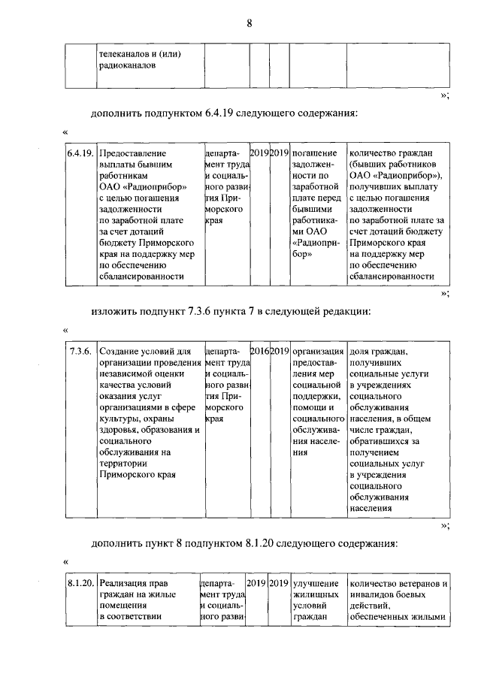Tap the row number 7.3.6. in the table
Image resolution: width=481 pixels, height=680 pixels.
pos(80,352)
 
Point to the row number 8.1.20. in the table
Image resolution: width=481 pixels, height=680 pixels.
pos(80,584)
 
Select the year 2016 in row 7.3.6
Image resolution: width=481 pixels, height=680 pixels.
pos(259,352)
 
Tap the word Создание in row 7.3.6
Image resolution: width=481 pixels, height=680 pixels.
pos(119,352)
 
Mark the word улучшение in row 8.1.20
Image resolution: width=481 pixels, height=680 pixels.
pos(316,584)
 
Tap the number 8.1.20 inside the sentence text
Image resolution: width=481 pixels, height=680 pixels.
pos(261,543)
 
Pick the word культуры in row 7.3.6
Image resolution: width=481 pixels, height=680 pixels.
pos(117,419)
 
